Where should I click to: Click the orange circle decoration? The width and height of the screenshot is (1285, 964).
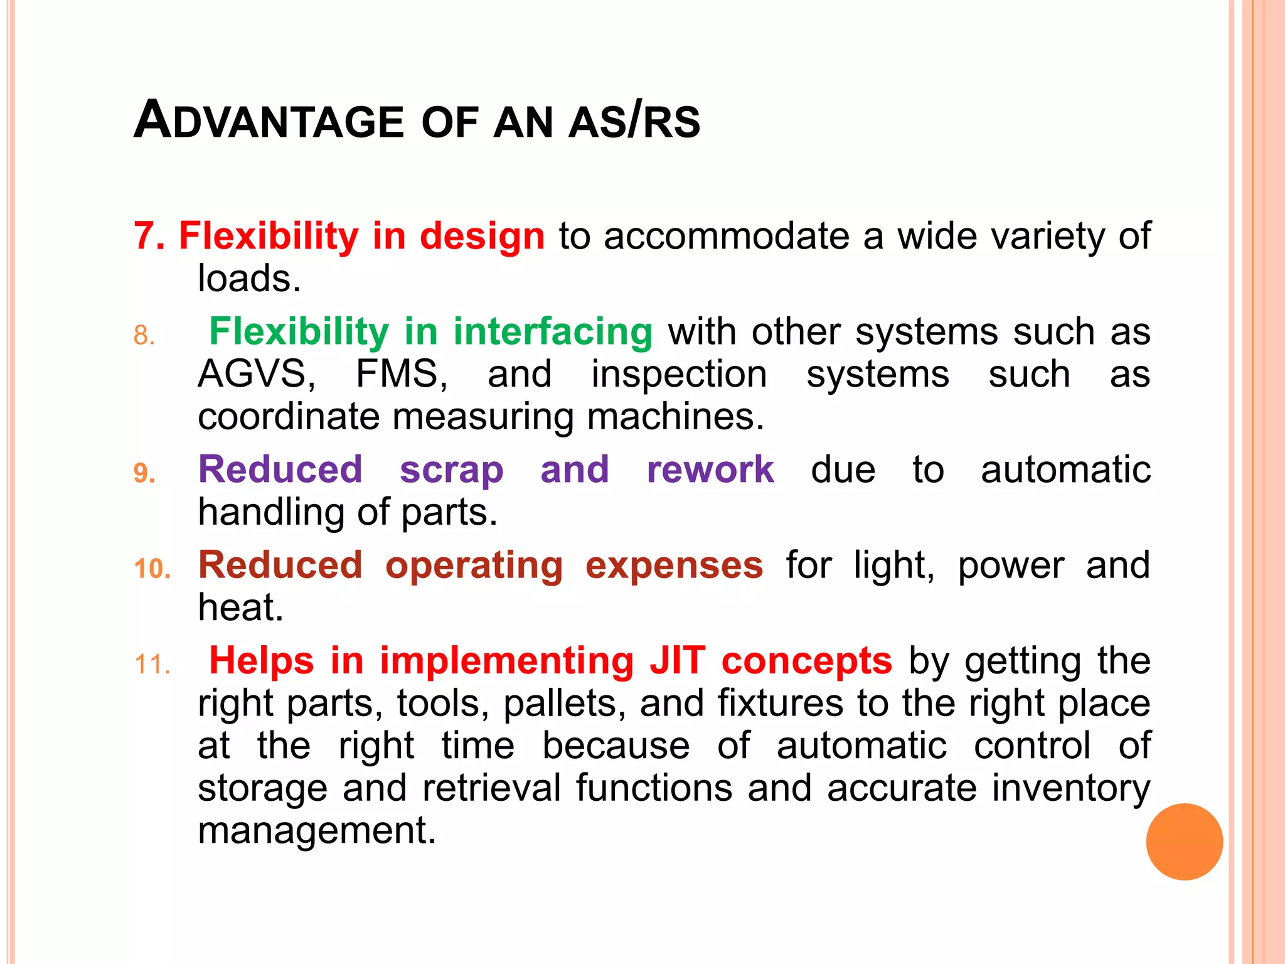1184,841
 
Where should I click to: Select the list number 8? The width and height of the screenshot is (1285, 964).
144,335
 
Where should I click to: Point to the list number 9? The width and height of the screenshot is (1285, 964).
144,473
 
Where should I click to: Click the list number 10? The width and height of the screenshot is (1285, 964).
152,569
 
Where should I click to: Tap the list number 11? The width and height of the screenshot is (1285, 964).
152,665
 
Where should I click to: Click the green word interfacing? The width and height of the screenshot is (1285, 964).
552,331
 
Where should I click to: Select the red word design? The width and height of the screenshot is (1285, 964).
482,237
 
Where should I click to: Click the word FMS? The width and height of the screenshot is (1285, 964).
402,374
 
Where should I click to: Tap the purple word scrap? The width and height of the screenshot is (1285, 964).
451,471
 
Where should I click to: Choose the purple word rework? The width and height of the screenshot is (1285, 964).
710,469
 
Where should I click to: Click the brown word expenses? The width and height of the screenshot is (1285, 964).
674,566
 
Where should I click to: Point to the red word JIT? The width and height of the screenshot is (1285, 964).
677,661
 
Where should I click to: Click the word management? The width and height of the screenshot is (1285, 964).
316,831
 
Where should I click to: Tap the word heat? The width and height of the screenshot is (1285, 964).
240,608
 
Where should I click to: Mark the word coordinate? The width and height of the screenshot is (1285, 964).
289,417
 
